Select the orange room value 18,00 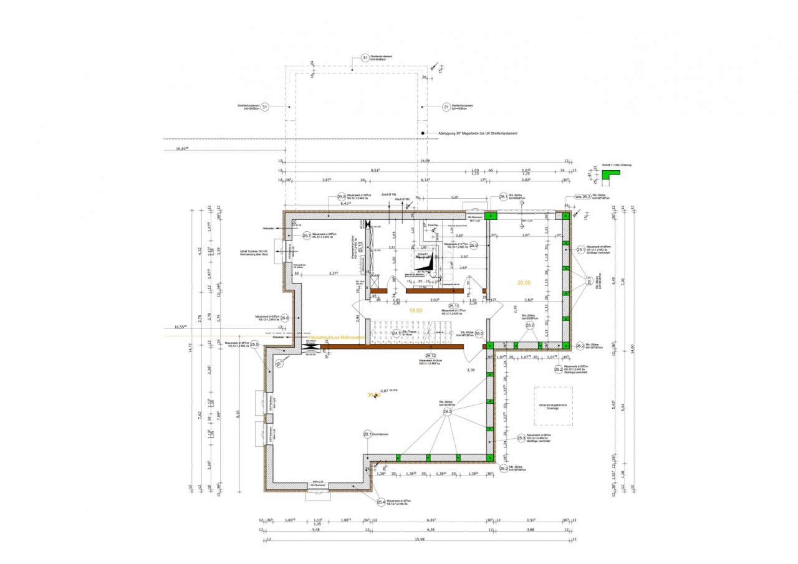[x=415, y=310]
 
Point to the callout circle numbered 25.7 [x=307, y=236]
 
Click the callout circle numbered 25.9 [x=474, y=246]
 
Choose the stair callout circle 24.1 [x=396, y=333]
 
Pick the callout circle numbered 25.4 [x=381, y=502]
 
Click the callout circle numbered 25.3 [x=521, y=439]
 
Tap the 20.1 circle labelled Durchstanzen [x=367, y=434]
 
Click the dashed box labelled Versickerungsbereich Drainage [x=553, y=406]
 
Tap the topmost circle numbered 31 [x=365, y=59]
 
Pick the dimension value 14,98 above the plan [x=425, y=161]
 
